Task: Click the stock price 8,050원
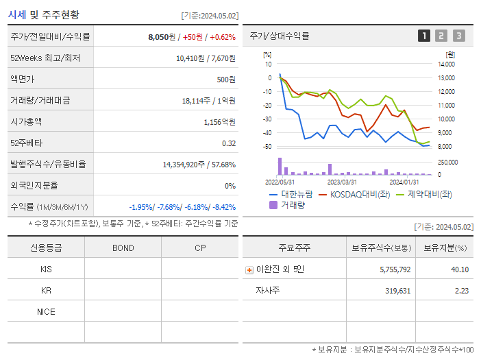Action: (x=162, y=37)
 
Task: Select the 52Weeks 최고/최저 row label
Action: (x=45, y=58)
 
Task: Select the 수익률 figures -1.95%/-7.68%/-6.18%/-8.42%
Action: (x=182, y=207)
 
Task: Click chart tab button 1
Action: (x=424, y=36)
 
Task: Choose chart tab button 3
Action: (x=458, y=36)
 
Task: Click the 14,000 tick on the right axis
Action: (x=446, y=64)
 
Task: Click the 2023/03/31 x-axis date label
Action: (x=342, y=182)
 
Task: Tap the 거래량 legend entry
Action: (x=292, y=204)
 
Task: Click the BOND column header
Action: (x=123, y=248)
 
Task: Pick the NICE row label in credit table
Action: (x=46, y=311)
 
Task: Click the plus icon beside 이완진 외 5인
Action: (x=249, y=269)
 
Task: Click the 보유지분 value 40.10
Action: (x=460, y=269)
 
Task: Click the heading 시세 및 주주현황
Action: (x=43, y=14)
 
